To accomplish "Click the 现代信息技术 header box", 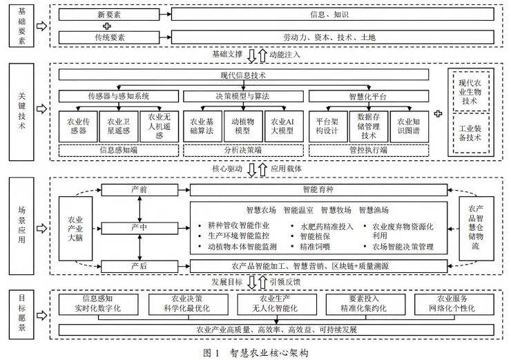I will point(243,75).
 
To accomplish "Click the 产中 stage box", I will point(139,227).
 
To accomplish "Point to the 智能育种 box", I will point(318,189).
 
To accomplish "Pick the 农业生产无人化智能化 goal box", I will point(269,304).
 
